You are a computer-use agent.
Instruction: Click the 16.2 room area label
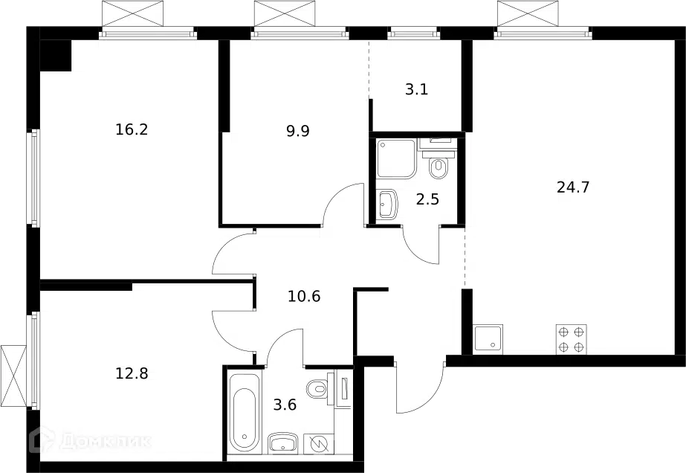pyautogui.click(x=132, y=129)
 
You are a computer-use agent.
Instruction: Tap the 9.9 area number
pyautogui.click(x=298, y=131)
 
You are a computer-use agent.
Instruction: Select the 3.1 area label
pyautogui.click(x=416, y=89)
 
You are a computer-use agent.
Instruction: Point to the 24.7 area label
pyautogui.click(x=573, y=187)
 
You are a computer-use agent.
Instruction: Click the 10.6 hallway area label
pyautogui.click(x=304, y=297)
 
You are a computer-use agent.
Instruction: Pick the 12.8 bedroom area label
pyautogui.click(x=132, y=373)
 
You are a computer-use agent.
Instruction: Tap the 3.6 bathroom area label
pyautogui.click(x=285, y=405)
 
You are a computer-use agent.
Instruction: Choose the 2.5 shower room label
pyautogui.click(x=427, y=200)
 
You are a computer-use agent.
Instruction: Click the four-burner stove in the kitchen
pyautogui.click(x=572, y=339)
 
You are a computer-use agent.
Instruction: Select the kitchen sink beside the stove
pyautogui.click(x=488, y=339)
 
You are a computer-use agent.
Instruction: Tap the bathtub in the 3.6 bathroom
pyautogui.click(x=244, y=413)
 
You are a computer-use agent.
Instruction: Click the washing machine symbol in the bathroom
pyautogui.click(x=319, y=444)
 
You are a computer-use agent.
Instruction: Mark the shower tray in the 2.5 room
pyautogui.click(x=395, y=159)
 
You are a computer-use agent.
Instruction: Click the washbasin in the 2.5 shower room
pyautogui.click(x=386, y=204)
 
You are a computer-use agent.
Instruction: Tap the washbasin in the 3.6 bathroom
pyautogui.click(x=282, y=443)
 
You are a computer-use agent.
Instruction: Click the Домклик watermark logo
pyautogui.click(x=90, y=441)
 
